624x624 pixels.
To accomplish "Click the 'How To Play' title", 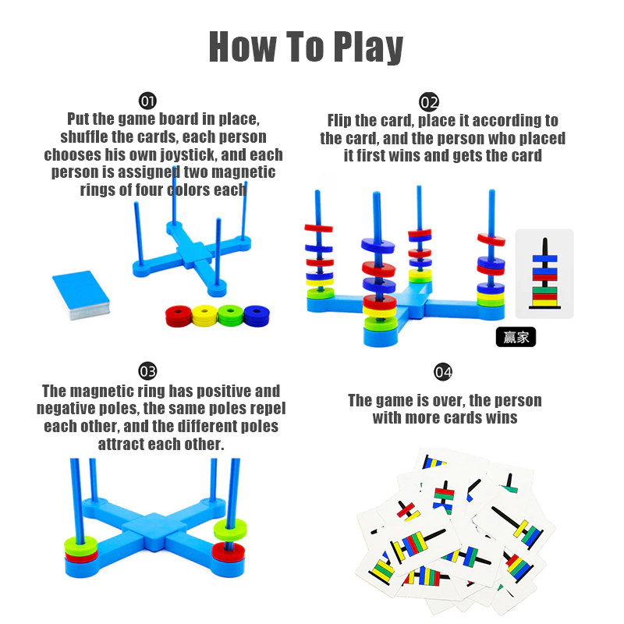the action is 306,47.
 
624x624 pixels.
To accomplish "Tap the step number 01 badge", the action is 147,101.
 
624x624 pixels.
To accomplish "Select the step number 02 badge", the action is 429,102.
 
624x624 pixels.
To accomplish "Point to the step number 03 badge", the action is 147,371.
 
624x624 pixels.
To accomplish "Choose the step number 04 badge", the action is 443,372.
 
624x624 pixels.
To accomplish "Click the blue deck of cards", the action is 81,295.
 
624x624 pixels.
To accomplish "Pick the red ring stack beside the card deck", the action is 179,316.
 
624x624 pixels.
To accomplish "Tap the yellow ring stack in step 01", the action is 204,316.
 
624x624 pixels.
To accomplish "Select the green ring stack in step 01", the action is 231,315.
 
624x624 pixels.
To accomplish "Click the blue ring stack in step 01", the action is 257,316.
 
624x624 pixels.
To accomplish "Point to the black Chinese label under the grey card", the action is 516,337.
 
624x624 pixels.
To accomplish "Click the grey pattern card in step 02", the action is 544,274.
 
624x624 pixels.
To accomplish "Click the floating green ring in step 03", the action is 230,530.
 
